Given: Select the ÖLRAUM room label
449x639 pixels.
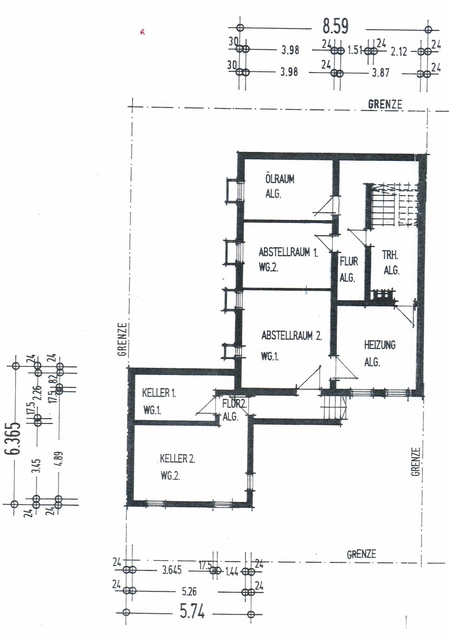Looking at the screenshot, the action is pos(280,180).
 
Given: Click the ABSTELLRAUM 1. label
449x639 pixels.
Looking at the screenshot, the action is pos(288,252).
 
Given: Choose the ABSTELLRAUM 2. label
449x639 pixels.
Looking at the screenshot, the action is pos(292,336).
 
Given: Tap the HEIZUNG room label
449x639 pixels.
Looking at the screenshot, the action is pos(380,345).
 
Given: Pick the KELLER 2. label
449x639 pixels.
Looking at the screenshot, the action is pos(178,459).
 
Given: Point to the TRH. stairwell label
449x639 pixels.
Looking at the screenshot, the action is pos(390,255).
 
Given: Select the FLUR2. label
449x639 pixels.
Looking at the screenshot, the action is pos(234,404).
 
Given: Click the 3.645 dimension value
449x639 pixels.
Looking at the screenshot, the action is pos(172,570).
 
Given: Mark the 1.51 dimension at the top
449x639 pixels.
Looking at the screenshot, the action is pos(354,51).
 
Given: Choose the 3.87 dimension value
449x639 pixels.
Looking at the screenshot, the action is pos(380,73).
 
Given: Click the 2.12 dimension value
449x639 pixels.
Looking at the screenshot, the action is pos(399,52).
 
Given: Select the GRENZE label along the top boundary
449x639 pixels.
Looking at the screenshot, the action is pos(385,104).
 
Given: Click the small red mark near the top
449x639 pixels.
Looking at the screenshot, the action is pos(142,32).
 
